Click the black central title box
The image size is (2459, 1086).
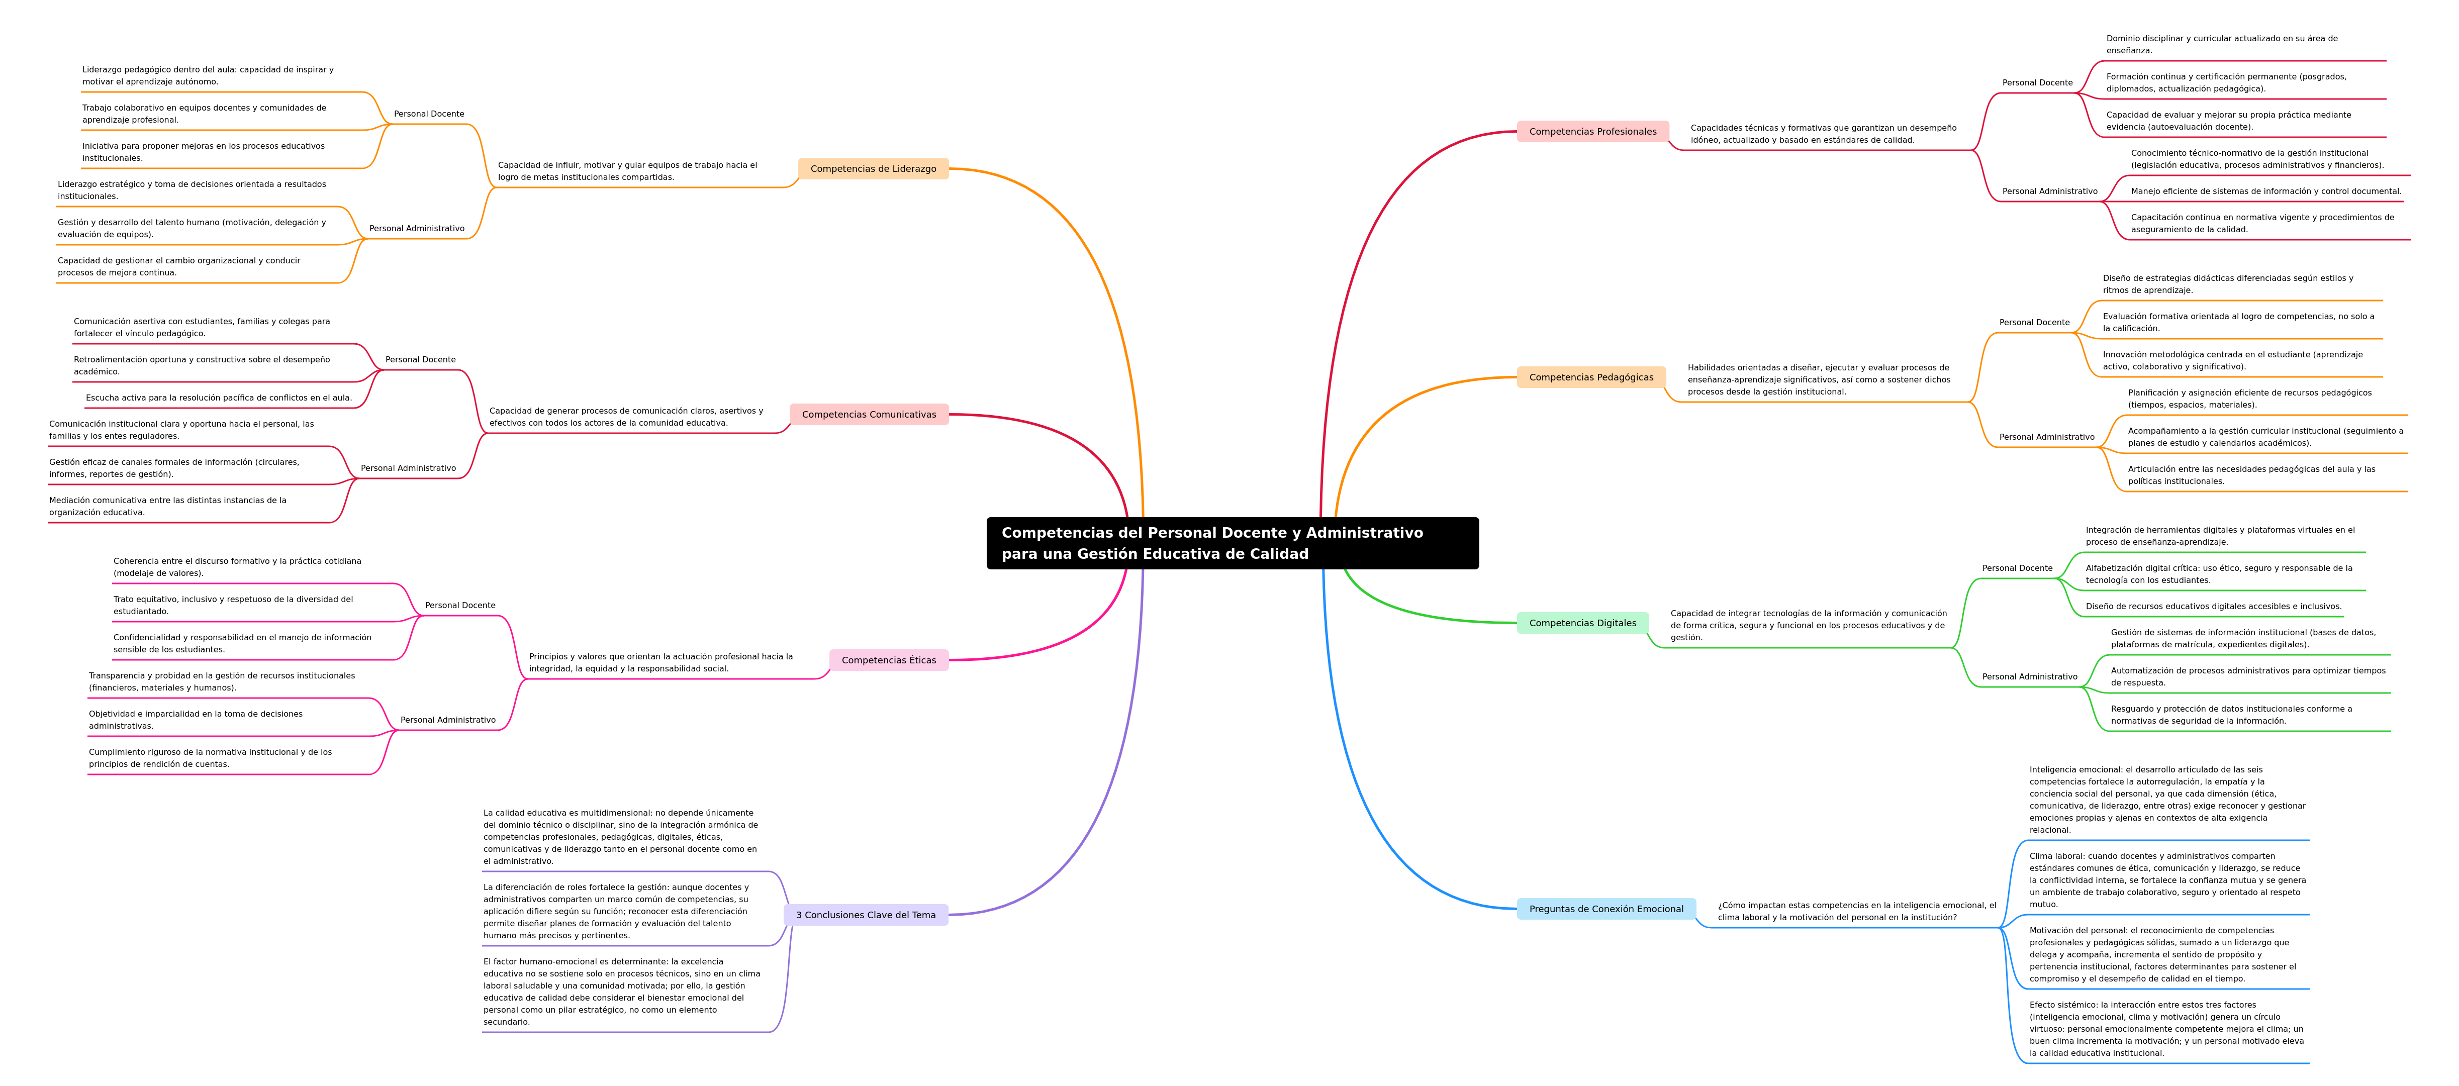pos(1233,543)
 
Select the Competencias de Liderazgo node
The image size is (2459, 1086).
pos(874,169)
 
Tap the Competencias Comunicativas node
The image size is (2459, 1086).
pos(869,414)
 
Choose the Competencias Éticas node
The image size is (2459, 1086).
pos(889,660)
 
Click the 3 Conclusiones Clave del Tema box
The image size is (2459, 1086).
pos(866,915)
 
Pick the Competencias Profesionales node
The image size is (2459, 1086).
pos(1592,132)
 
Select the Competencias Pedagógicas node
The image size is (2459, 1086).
pos(1591,377)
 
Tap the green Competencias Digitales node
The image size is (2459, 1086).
pos(1583,623)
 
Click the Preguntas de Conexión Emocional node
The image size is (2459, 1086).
pos(1606,909)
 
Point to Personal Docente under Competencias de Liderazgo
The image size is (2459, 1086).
pos(429,114)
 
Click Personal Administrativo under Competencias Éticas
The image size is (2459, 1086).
pos(448,720)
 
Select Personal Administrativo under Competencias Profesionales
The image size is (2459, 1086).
pos(2049,191)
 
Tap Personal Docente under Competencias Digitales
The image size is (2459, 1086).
pos(2017,568)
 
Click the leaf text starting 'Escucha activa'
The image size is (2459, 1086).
pos(219,398)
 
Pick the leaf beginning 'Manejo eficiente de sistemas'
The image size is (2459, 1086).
pos(2265,191)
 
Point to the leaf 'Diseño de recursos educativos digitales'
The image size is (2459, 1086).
pos(2213,606)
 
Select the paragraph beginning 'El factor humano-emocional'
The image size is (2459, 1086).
pos(621,992)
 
